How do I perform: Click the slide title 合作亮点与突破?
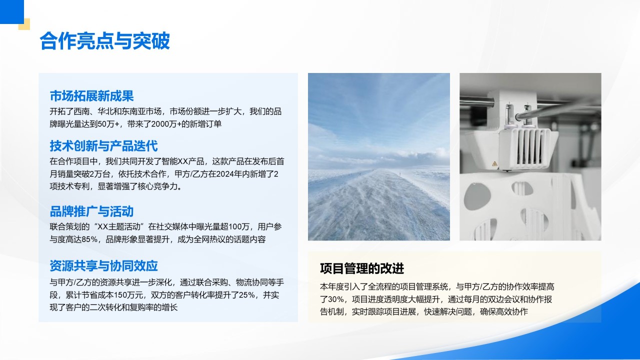[105, 41]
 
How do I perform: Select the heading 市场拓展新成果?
[91, 96]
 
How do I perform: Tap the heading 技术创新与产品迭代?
[103, 146]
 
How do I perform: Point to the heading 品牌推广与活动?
[91, 211]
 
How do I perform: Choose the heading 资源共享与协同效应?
[103, 265]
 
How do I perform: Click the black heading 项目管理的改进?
[362, 268]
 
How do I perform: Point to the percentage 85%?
[89, 239]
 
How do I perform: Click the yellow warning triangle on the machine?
[494, 163]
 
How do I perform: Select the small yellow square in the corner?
[24, 24]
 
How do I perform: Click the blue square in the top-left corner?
[11, 11]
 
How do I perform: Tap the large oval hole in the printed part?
[477, 196]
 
